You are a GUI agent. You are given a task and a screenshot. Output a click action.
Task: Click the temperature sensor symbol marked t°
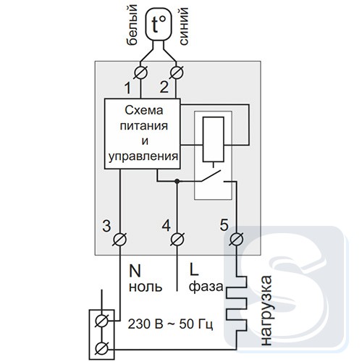point(159,25)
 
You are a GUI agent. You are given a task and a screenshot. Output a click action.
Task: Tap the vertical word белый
point(132,25)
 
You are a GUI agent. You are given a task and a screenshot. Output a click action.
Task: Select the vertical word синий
point(183,26)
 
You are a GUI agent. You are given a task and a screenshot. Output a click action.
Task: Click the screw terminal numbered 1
point(140,72)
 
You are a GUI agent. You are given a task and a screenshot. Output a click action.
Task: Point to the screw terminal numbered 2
point(177,72)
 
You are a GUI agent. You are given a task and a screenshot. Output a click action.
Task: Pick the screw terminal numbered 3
point(120,240)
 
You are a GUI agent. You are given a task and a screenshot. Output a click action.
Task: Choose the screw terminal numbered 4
point(177,240)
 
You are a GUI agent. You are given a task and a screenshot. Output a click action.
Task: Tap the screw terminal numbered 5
point(237,240)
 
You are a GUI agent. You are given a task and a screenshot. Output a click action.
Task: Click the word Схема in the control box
point(144,111)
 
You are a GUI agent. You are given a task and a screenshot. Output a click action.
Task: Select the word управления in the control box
point(143,156)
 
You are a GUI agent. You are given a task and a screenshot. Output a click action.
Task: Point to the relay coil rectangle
point(214,139)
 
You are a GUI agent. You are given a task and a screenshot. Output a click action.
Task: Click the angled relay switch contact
point(211,176)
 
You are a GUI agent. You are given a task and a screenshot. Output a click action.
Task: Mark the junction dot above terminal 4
point(177,181)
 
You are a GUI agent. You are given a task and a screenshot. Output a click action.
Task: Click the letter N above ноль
point(135,271)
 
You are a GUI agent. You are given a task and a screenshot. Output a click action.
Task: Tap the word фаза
point(206,287)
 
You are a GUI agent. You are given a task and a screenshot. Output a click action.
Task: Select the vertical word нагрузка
point(266,311)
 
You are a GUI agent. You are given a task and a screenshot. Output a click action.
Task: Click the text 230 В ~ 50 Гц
point(170,324)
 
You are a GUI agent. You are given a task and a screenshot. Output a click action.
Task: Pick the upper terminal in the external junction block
point(101,321)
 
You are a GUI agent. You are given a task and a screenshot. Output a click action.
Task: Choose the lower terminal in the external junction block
point(101,349)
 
